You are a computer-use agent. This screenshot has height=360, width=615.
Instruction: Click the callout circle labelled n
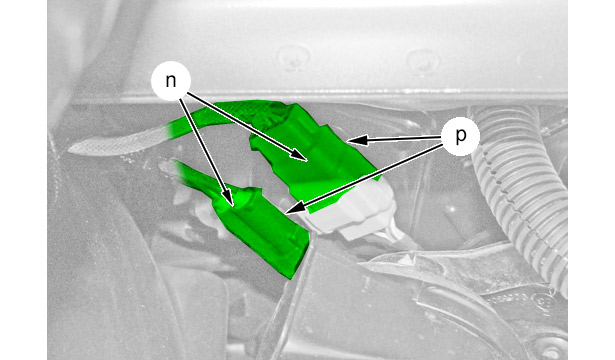point(171,81)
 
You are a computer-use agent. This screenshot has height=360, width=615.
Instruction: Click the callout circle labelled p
point(460,136)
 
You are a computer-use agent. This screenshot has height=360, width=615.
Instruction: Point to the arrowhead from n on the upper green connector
point(300,156)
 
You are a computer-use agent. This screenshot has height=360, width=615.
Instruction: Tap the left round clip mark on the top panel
point(293,57)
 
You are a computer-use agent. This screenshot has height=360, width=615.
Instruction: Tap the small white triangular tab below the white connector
point(408,258)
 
